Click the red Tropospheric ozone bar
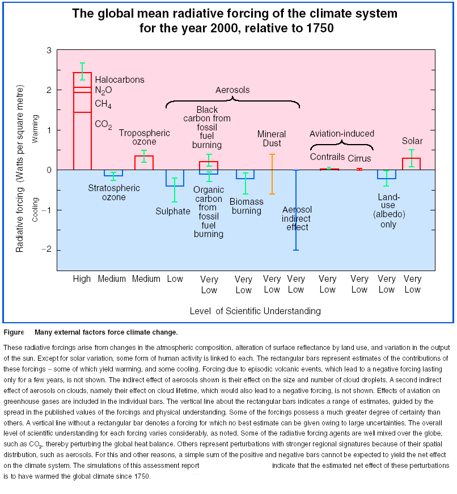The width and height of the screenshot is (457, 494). click(144, 163)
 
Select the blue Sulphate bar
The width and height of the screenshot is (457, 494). click(175, 178)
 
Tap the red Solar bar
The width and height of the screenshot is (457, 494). click(411, 164)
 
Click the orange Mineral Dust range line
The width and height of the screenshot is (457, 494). click(272, 181)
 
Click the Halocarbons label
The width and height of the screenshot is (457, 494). click(120, 80)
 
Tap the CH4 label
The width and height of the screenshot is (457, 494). click(103, 104)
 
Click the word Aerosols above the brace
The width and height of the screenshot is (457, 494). click(232, 90)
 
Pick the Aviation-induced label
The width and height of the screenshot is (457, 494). click(342, 134)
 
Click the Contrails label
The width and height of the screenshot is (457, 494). click(327, 157)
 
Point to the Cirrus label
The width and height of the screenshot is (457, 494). click(359, 158)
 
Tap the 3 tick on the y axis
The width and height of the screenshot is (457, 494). click(49, 50)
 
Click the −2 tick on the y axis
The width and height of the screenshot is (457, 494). click(47, 250)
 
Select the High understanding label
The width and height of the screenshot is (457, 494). click(82, 279)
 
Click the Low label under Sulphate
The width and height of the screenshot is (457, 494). click(175, 279)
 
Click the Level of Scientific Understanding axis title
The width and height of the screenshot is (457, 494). click(255, 311)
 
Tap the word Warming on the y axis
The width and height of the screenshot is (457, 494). click(35, 129)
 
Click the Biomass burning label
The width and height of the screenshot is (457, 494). click(246, 206)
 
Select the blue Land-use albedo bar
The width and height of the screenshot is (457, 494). click(387, 175)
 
